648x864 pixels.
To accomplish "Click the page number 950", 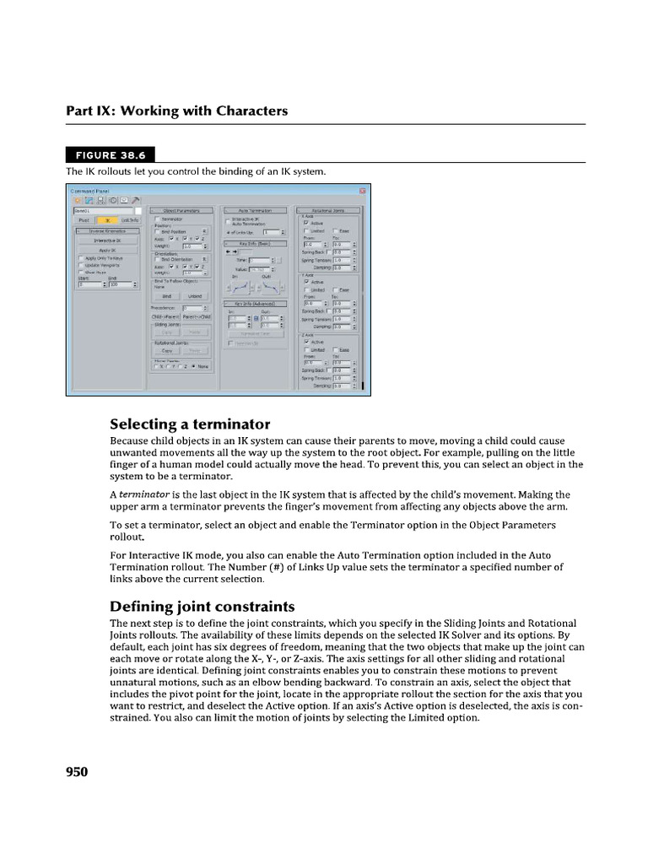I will click(x=77, y=771).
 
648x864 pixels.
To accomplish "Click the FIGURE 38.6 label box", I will click(x=110, y=154).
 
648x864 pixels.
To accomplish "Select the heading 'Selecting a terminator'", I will click(x=190, y=424).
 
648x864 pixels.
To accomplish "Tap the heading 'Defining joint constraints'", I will click(x=202, y=606).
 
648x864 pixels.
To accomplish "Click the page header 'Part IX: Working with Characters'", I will click(x=177, y=111).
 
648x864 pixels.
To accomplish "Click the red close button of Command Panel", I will click(x=362, y=191).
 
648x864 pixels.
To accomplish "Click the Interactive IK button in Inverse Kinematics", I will click(x=107, y=240).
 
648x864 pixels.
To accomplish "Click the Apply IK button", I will click(x=107, y=251).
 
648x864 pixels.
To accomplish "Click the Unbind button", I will click(x=195, y=296).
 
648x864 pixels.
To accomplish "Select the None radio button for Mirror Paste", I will click(x=194, y=366).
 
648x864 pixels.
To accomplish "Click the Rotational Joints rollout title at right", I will click(x=328, y=210).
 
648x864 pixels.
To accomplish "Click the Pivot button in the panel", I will click(x=83, y=220).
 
